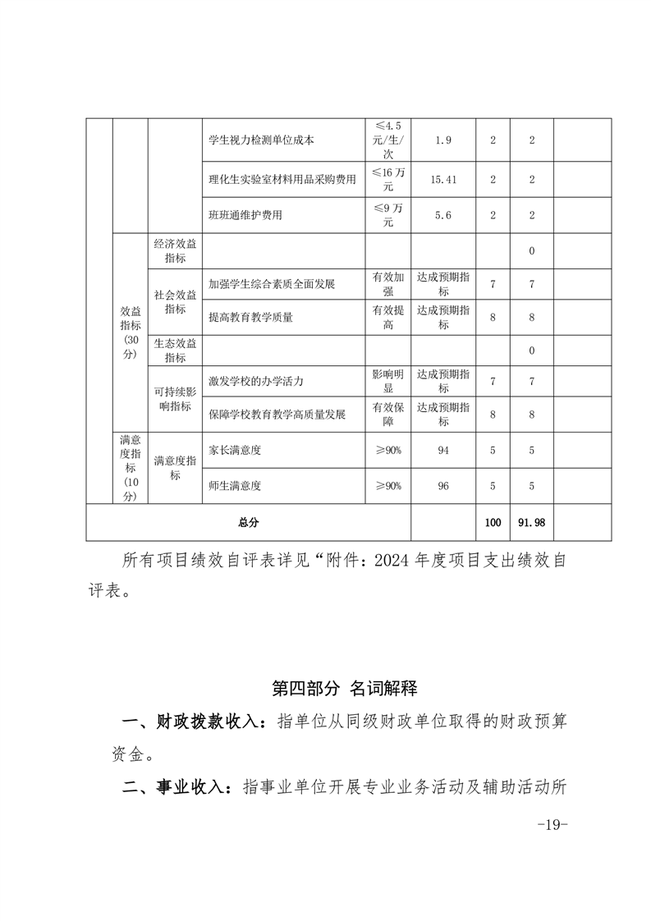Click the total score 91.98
click(x=532, y=522)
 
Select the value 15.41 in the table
click(x=443, y=179)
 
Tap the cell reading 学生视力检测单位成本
click(x=250, y=140)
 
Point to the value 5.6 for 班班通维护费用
click(x=443, y=215)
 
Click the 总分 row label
click(x=248, y=522)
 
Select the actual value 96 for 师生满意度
click(x=443, y=486)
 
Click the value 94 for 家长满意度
click(x=443, y=450)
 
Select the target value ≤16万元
click(x=388, y=179)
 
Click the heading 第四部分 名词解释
click(x=344, y=688)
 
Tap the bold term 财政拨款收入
click(x=194, y=722)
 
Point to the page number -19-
click(x=552, y=824)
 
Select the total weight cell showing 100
click(x=493, y=522)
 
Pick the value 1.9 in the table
click(x=443, y=140)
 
